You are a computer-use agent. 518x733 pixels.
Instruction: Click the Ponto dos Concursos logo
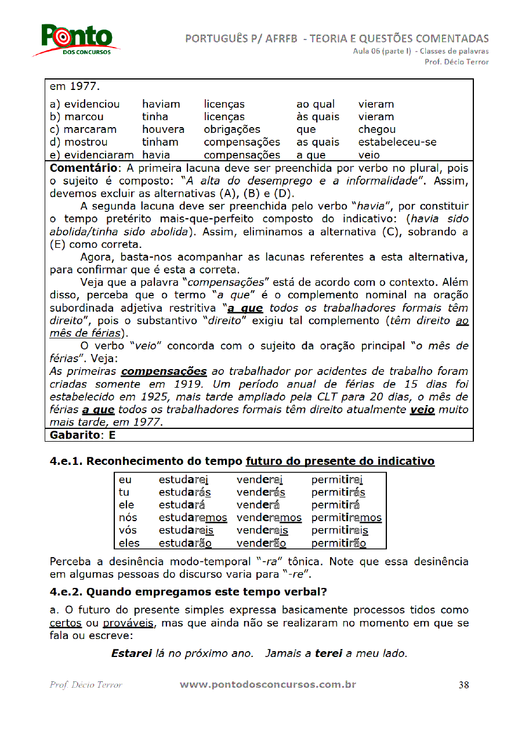[77, 40]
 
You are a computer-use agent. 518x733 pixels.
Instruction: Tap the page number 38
[463, 685]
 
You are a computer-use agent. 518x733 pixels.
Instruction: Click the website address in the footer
[267, 685]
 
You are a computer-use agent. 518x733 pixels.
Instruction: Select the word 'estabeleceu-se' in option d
[397, 142]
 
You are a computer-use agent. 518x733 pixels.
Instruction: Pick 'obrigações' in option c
[232, 129]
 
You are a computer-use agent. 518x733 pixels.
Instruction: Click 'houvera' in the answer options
[163, 129]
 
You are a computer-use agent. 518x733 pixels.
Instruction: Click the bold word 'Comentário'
[85, 168]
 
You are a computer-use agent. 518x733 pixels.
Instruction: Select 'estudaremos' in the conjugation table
[193, 518]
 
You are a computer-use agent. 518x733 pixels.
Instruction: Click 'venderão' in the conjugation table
[261, 543]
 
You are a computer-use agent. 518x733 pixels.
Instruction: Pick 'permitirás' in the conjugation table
[338, 492]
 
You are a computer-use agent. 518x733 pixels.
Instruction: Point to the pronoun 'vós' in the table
[128, 530]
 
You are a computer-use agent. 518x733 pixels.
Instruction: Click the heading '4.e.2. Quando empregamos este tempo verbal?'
[188, 593]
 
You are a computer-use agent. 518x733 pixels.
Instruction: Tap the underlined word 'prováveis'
[128, 623]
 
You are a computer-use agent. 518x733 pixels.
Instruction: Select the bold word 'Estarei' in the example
[132, 653]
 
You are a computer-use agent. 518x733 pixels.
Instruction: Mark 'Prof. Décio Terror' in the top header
[457, 62]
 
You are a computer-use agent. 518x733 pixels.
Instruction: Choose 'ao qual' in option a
[316, 104]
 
